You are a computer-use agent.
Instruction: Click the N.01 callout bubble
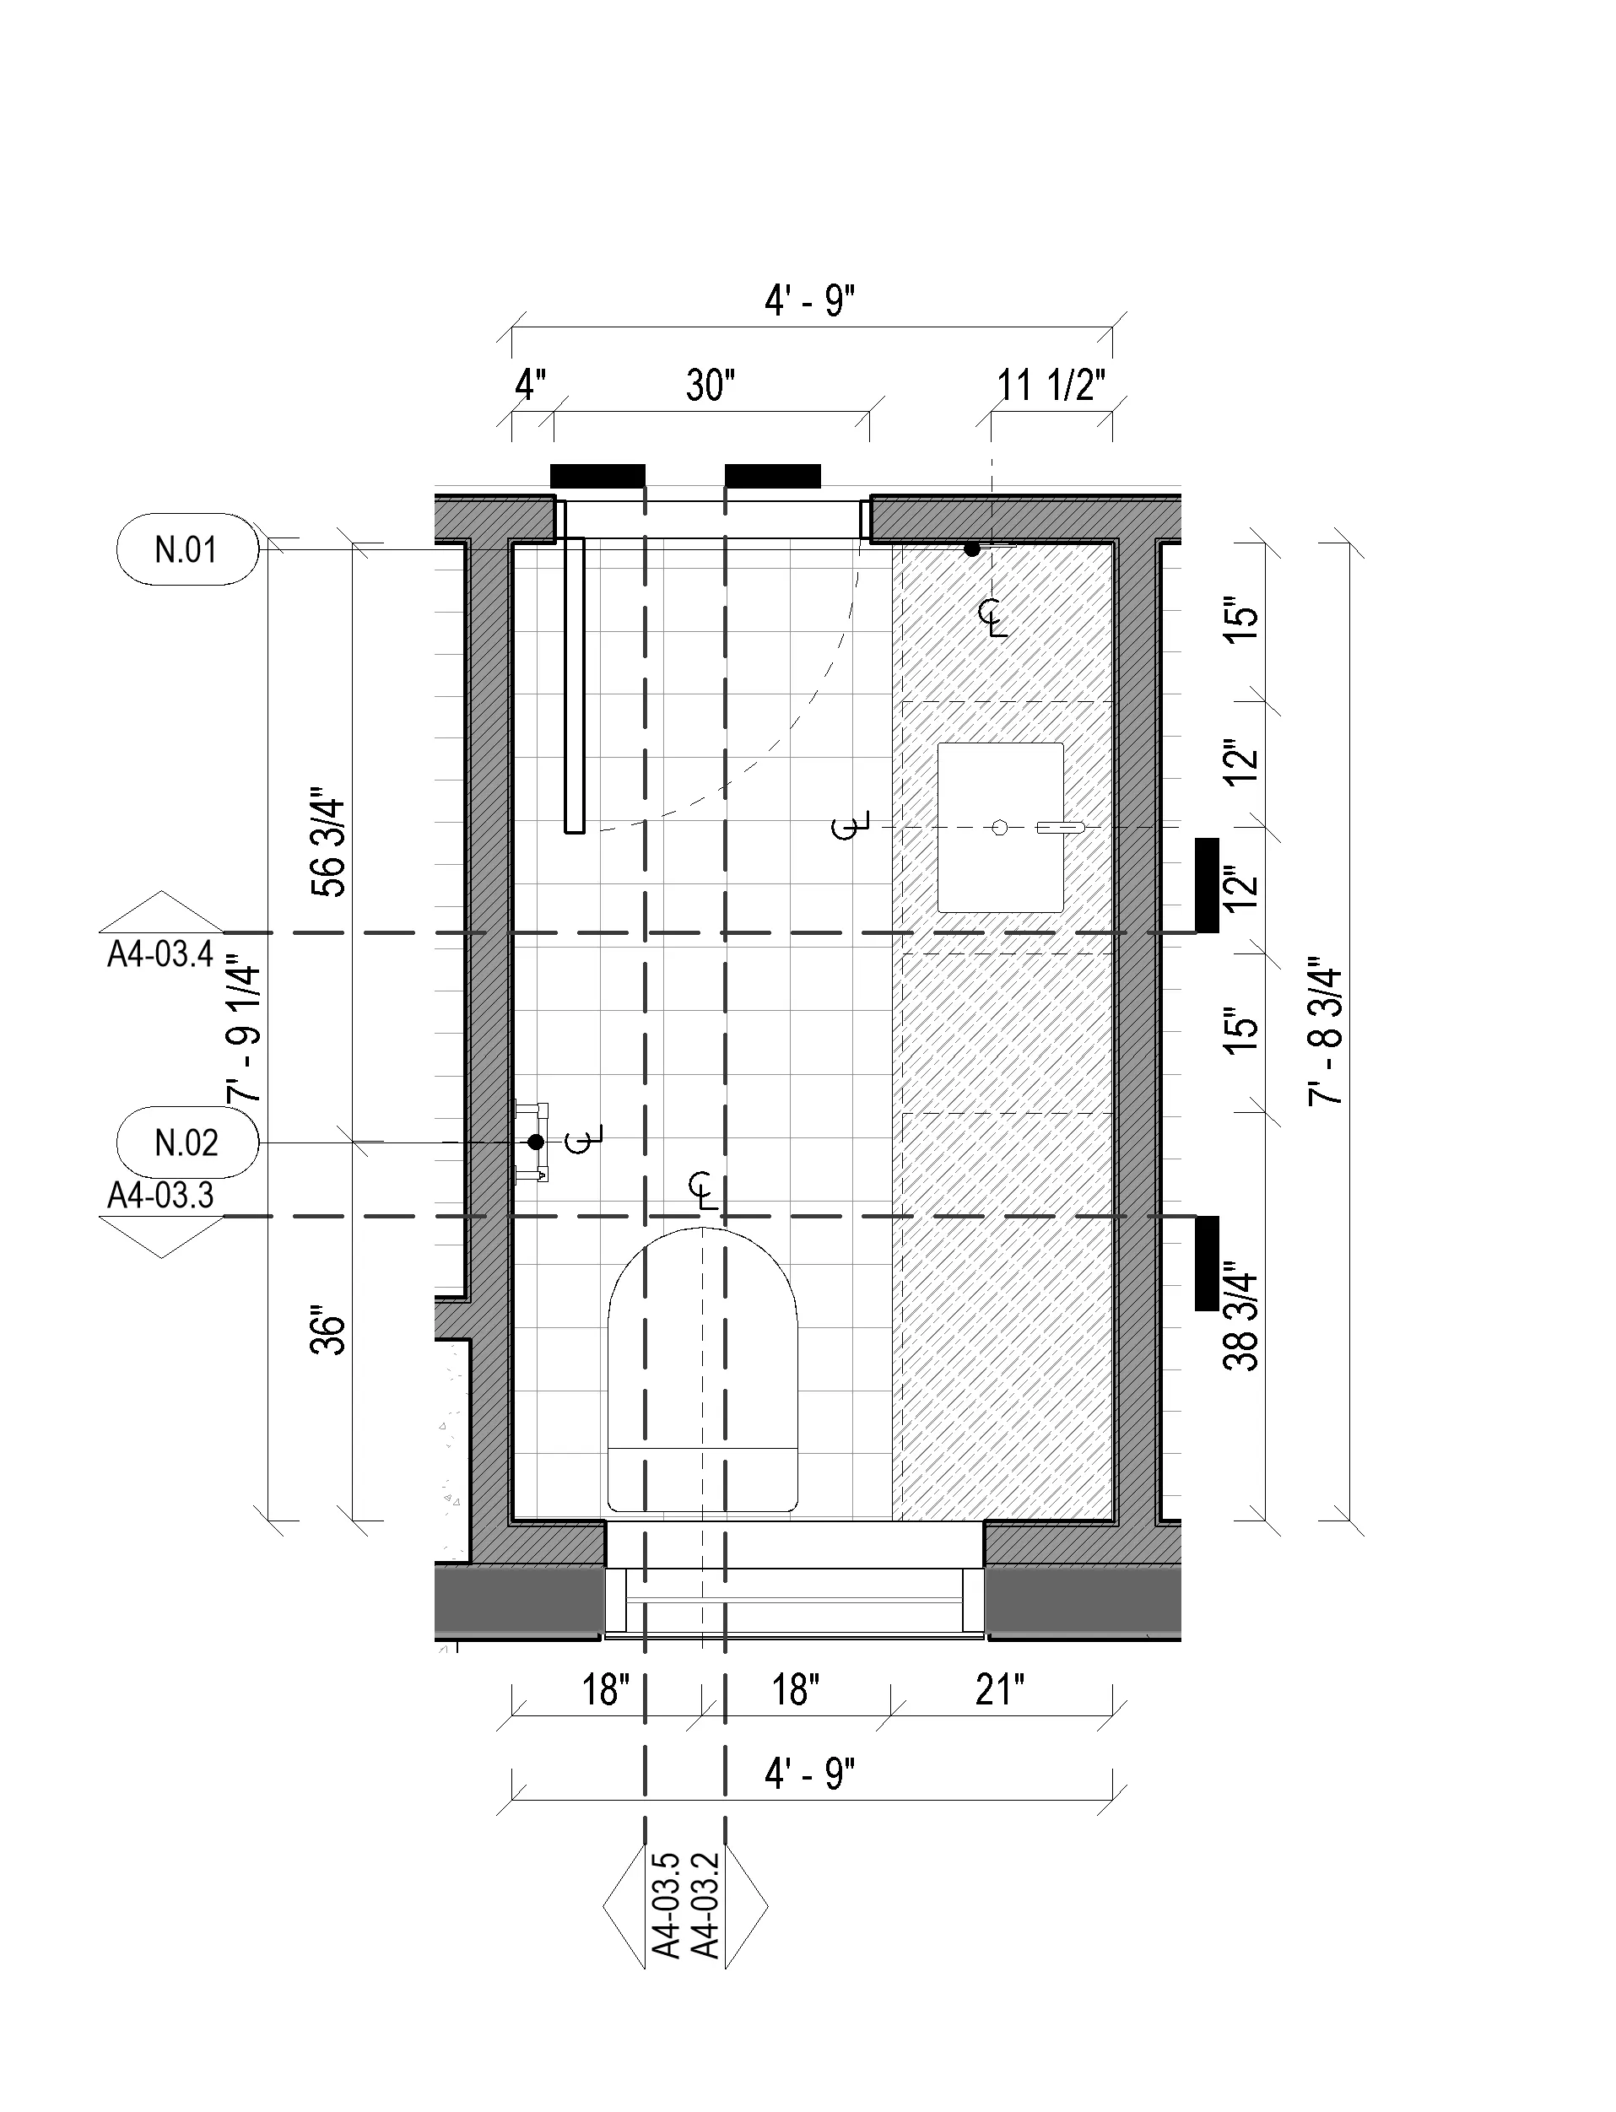[187, 549]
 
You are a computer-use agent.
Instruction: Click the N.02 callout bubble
[187, 1142]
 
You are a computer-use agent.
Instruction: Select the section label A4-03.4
[159, 954]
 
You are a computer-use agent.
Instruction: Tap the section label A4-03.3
[159, 1196]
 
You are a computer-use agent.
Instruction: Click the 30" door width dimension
[711, 386]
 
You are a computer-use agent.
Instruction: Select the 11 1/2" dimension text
[1051, 386]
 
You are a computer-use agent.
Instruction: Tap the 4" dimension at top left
[530, 386]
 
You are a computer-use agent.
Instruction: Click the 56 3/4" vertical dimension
[329, 847]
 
